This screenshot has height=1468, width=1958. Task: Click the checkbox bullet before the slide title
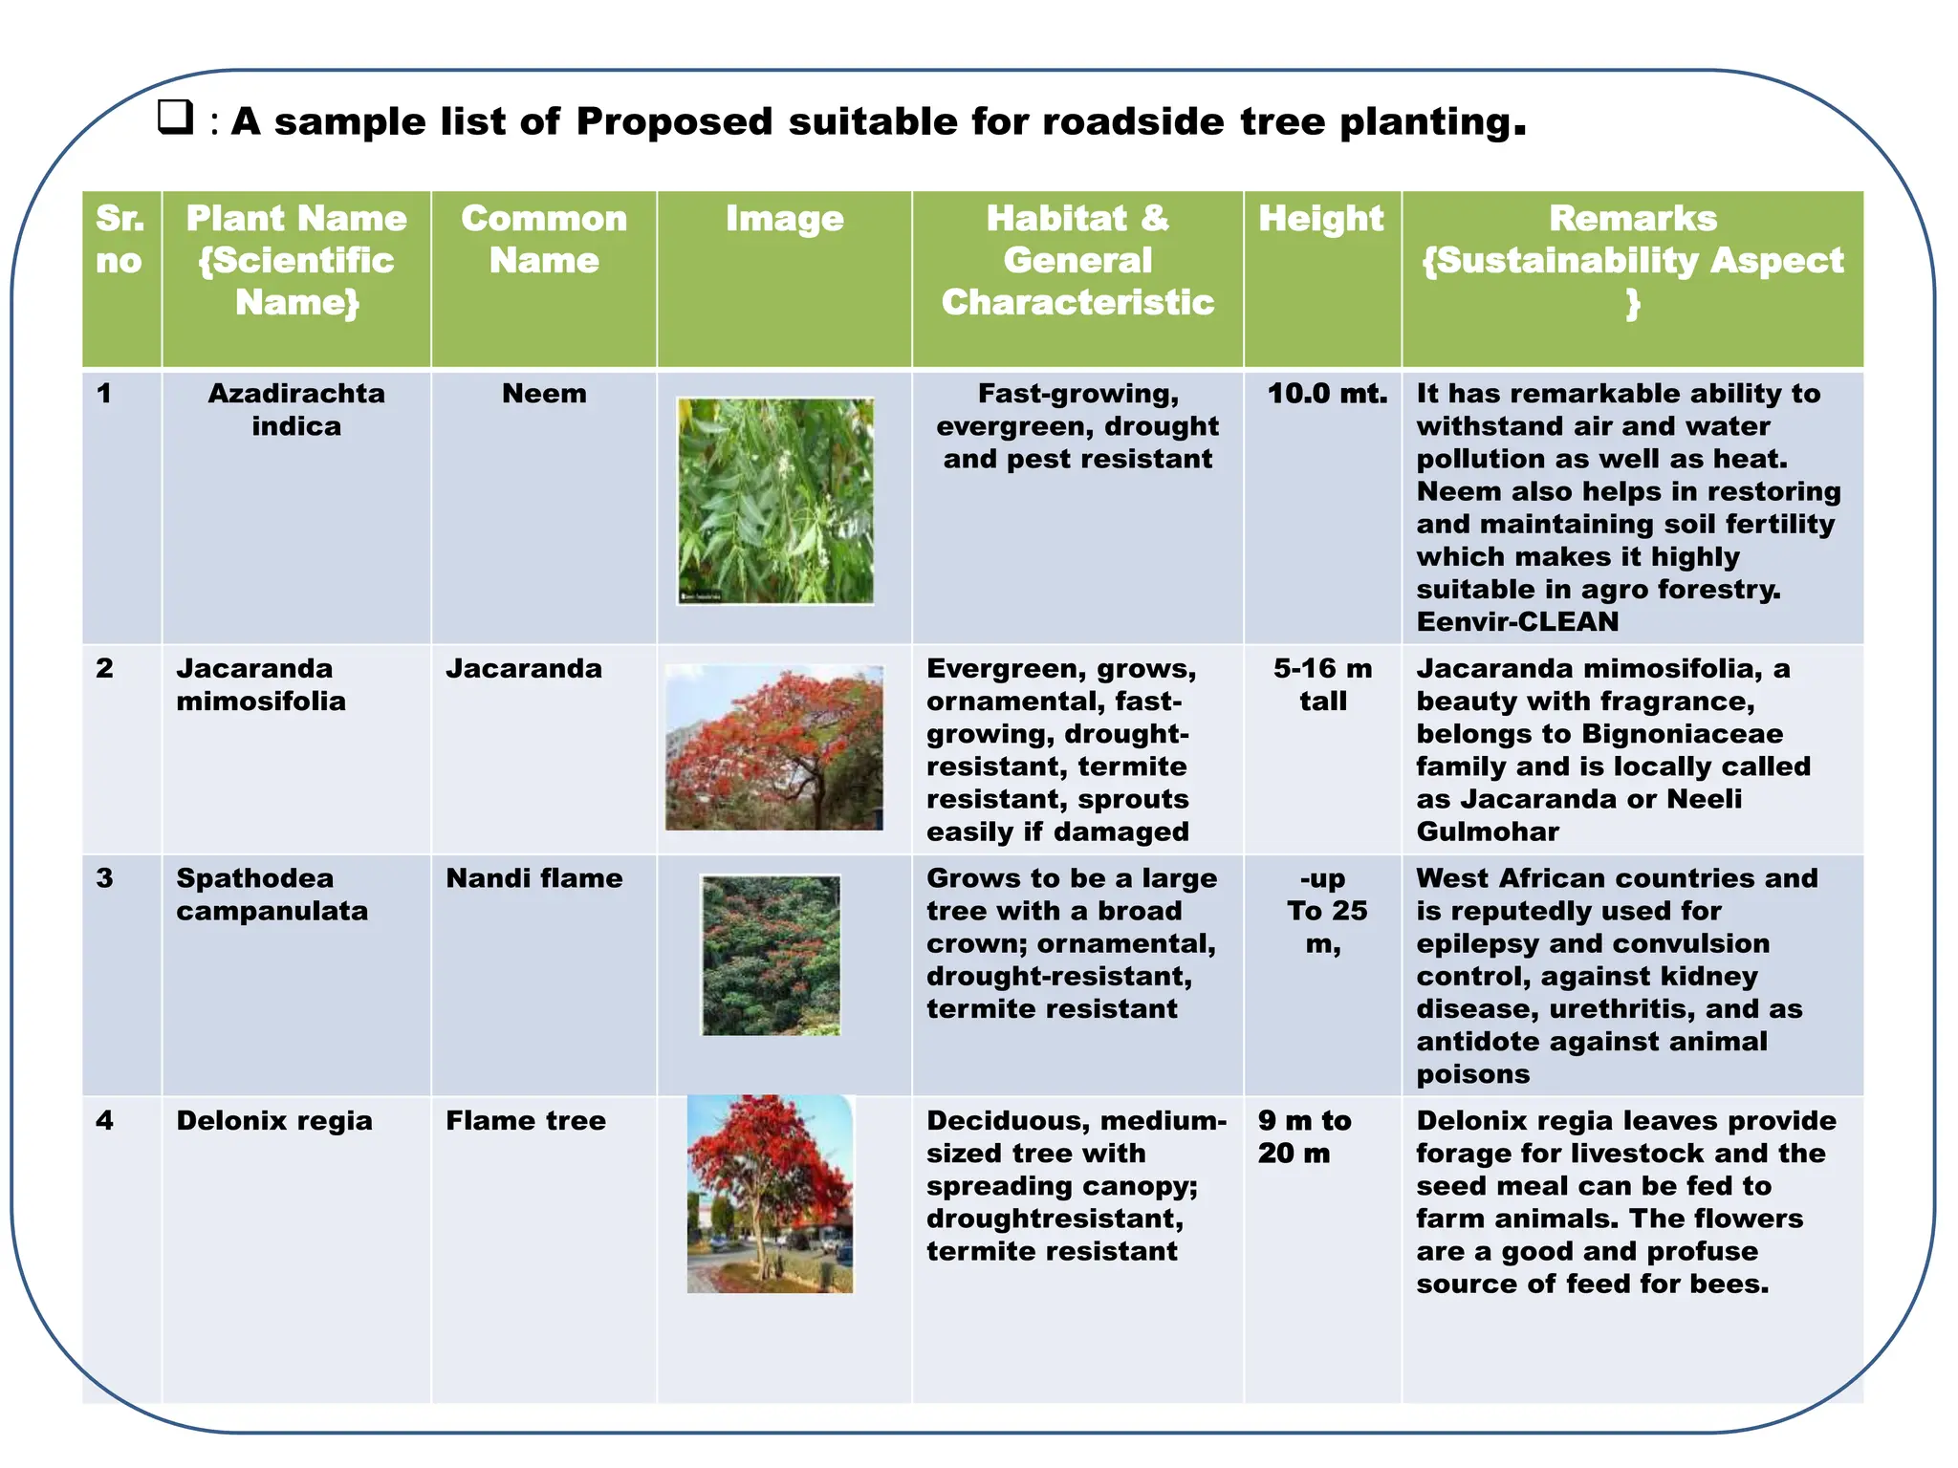[x=175, y=118]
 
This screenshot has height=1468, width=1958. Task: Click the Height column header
[x=1320, y=219]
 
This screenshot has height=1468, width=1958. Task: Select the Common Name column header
[x=544, y=239]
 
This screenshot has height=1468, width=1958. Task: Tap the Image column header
[x=784, y=219]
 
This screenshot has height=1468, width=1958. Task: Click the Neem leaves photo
[x=775, y=501]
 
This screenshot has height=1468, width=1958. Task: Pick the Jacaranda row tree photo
[x=774, y=747]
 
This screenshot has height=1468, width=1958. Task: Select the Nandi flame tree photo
[x=771, y=955]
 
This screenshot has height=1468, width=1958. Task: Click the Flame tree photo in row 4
[x=770, y=1195]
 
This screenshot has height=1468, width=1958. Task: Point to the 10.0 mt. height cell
[x=1326, y=394]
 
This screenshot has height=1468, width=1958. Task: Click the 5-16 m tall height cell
[x=1322, y=684]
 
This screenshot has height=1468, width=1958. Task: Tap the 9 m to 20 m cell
[x=1304, y=1136]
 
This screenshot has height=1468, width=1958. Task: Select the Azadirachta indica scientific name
[x=296, y=409]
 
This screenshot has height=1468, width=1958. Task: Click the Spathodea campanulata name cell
[x=272, y=895]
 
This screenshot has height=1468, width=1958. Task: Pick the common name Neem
[x=544, y=394]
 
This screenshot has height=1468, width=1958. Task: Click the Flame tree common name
[x=526, y=1120]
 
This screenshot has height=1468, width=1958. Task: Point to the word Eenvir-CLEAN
[x=1517, y=622]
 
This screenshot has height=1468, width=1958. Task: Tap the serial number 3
[x=105, y=878]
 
